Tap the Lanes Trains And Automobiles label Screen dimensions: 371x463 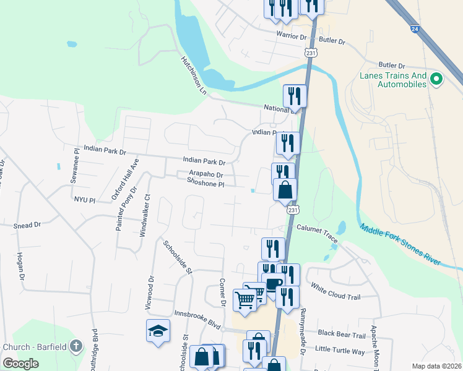[394, 80]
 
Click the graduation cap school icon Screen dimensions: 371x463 [158, 330]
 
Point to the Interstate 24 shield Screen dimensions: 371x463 [413, 28]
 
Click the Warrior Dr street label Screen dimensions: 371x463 [292, 36]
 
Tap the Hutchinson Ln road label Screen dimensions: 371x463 [193, 72]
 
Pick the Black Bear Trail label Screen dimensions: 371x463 [341, 335]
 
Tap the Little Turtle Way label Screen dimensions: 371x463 [340, 351]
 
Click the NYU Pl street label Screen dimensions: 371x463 [85, 200]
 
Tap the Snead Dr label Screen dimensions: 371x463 [27, 226]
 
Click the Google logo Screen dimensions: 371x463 [21, 364]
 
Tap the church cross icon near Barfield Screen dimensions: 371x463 [76, 346]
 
